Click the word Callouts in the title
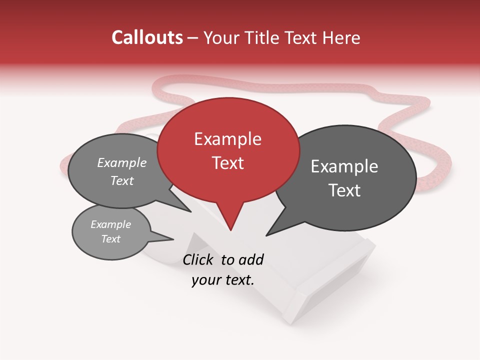[x=147, y=37]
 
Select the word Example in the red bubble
[x=227, y=139]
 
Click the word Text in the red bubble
[x=227, y=163]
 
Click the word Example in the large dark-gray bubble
[x=344, y=166]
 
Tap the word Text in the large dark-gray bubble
[x=344, y=190]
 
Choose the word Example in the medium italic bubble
[x=122, y=163]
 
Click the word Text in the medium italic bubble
[x=122, y=181]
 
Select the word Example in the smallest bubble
[x=110, y=224]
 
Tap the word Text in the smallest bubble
[x=110, y=239]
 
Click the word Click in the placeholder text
[x=199, y=259]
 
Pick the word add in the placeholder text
[x=250, y=259]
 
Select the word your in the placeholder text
[x=205, y=280]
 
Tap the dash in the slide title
[x=193, y=38]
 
